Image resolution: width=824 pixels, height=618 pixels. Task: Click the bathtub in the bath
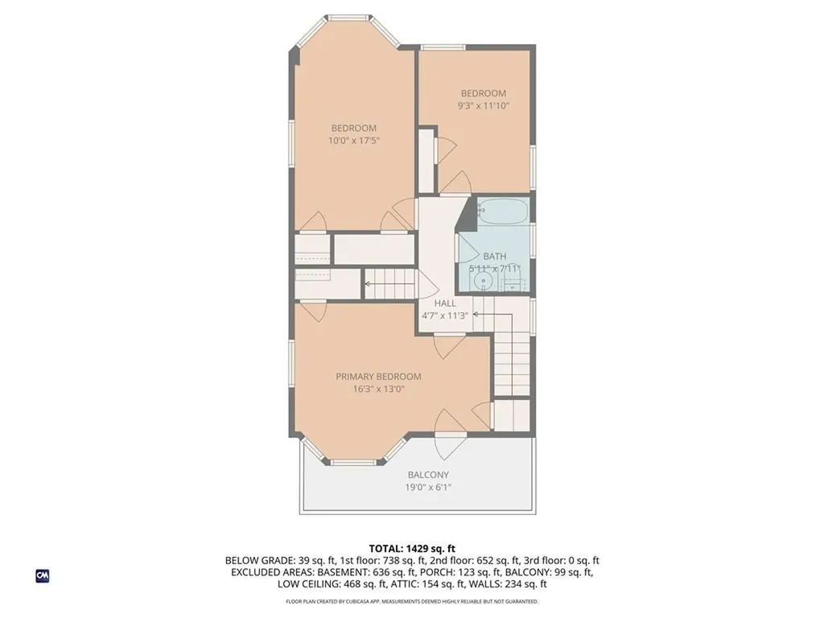coord(503,213)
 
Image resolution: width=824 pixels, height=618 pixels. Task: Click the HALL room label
coord(445,303)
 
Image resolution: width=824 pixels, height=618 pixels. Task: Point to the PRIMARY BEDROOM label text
coord(378,377)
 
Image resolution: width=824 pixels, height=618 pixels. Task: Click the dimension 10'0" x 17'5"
coord(353,140)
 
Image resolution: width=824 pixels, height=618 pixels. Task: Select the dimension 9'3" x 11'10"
coord(484,105)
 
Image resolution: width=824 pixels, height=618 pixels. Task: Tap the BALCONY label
coord(428,475)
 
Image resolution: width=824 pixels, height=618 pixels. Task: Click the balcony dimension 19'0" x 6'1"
coord(428,487)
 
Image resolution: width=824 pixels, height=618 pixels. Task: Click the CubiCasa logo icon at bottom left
coord(42,575)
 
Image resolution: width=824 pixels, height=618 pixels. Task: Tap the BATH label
coord(494,257)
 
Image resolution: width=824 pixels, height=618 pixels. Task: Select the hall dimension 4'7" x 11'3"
coord(445,315)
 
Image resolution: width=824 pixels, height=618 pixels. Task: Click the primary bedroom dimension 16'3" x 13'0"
coord(378,389)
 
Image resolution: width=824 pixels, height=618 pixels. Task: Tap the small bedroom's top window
coord(443,47)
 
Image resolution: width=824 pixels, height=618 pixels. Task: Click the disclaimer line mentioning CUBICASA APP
coord(412,601)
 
